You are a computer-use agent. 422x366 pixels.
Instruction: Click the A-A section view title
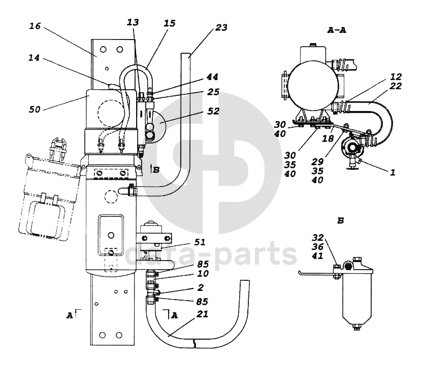337,30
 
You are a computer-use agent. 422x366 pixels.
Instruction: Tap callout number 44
212,77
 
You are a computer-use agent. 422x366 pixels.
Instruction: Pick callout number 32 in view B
318,237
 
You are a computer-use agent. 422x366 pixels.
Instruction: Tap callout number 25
213,93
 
